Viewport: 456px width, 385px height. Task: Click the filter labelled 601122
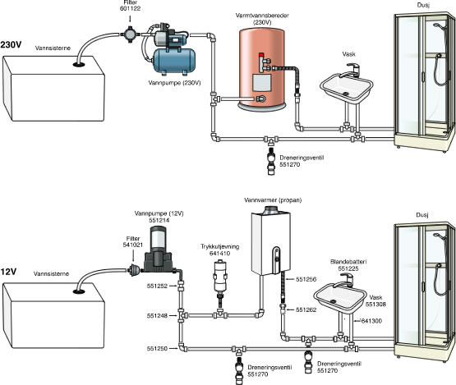(130, 34)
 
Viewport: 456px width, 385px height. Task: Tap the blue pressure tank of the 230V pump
(174, 61)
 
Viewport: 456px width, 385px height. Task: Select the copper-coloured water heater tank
(262, 69)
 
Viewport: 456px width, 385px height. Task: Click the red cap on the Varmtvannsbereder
(261, 55)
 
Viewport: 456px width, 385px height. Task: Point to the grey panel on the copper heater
(262, 82)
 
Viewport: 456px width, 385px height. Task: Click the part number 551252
(157, 286)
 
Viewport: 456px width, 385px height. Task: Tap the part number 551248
(157, 315)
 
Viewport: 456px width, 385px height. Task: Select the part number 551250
(157, 348)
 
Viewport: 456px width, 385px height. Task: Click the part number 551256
(306, 279)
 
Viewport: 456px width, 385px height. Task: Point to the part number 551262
(306, 309)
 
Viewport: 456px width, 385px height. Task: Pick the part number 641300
(371, 321)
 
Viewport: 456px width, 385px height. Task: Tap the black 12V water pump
(159, 250)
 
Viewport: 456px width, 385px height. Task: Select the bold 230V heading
(11, 45)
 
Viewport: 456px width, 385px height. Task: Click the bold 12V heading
(8, 272)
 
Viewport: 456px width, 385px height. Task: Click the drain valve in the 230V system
(271, 161)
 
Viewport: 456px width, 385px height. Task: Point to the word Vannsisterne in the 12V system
(51, 273)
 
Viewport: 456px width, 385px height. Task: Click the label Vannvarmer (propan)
(273, 200)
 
